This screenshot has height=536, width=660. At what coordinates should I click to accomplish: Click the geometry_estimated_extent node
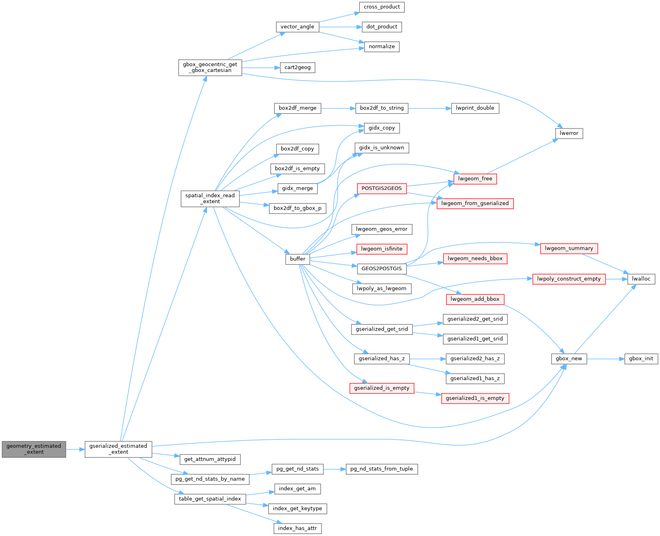[34, 449]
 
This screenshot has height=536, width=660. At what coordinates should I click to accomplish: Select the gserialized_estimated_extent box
[118, 449]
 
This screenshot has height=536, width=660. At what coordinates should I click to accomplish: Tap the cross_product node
[382, 7]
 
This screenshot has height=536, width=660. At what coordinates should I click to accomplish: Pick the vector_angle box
[297, 27]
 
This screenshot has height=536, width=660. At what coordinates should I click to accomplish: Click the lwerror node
[569, 133]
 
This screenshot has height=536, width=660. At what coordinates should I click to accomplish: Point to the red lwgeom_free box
[475, 179]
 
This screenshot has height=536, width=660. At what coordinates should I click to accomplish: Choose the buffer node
[298, 259]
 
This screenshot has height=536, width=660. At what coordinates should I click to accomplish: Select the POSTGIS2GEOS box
[382, 188]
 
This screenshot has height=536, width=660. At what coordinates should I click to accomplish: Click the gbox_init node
[641, 359]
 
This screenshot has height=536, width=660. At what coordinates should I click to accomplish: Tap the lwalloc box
[641, 279]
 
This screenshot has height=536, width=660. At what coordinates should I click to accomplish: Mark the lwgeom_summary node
[569, 249]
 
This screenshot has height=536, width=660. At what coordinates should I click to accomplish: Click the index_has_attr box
[297, 528]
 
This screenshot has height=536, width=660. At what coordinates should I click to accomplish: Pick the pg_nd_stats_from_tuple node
[382, 469]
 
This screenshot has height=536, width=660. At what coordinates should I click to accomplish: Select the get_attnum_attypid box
[210, 459]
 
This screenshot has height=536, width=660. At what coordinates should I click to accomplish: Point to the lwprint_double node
[475, 108]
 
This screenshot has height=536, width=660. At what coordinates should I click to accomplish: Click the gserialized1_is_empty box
[475, 398]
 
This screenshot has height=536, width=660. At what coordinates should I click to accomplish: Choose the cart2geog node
[297, 67]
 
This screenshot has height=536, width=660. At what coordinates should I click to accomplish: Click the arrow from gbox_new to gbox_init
[605, 359]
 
